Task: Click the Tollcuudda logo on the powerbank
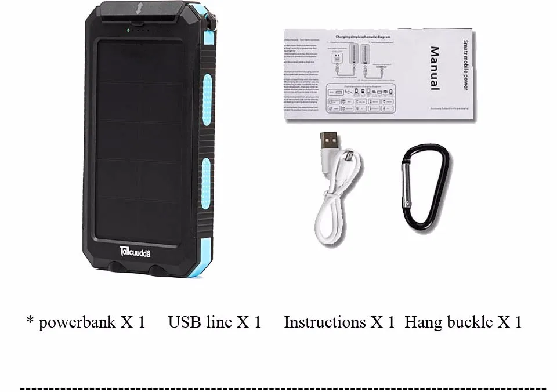143,251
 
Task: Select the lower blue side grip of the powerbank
207,183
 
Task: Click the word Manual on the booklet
433,68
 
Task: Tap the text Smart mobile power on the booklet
465,65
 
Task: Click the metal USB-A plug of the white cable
329,140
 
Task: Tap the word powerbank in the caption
77,322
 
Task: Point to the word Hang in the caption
423,322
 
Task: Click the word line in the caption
219,322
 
